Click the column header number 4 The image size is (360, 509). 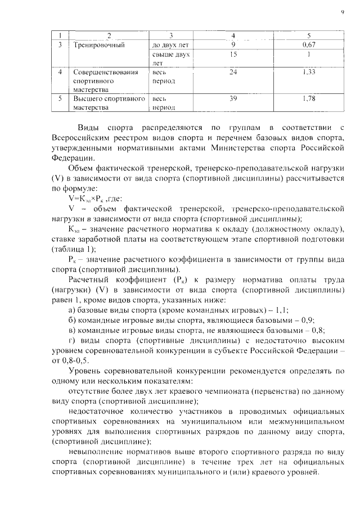pos(233,35)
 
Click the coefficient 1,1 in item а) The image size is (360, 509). pos(281,310)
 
